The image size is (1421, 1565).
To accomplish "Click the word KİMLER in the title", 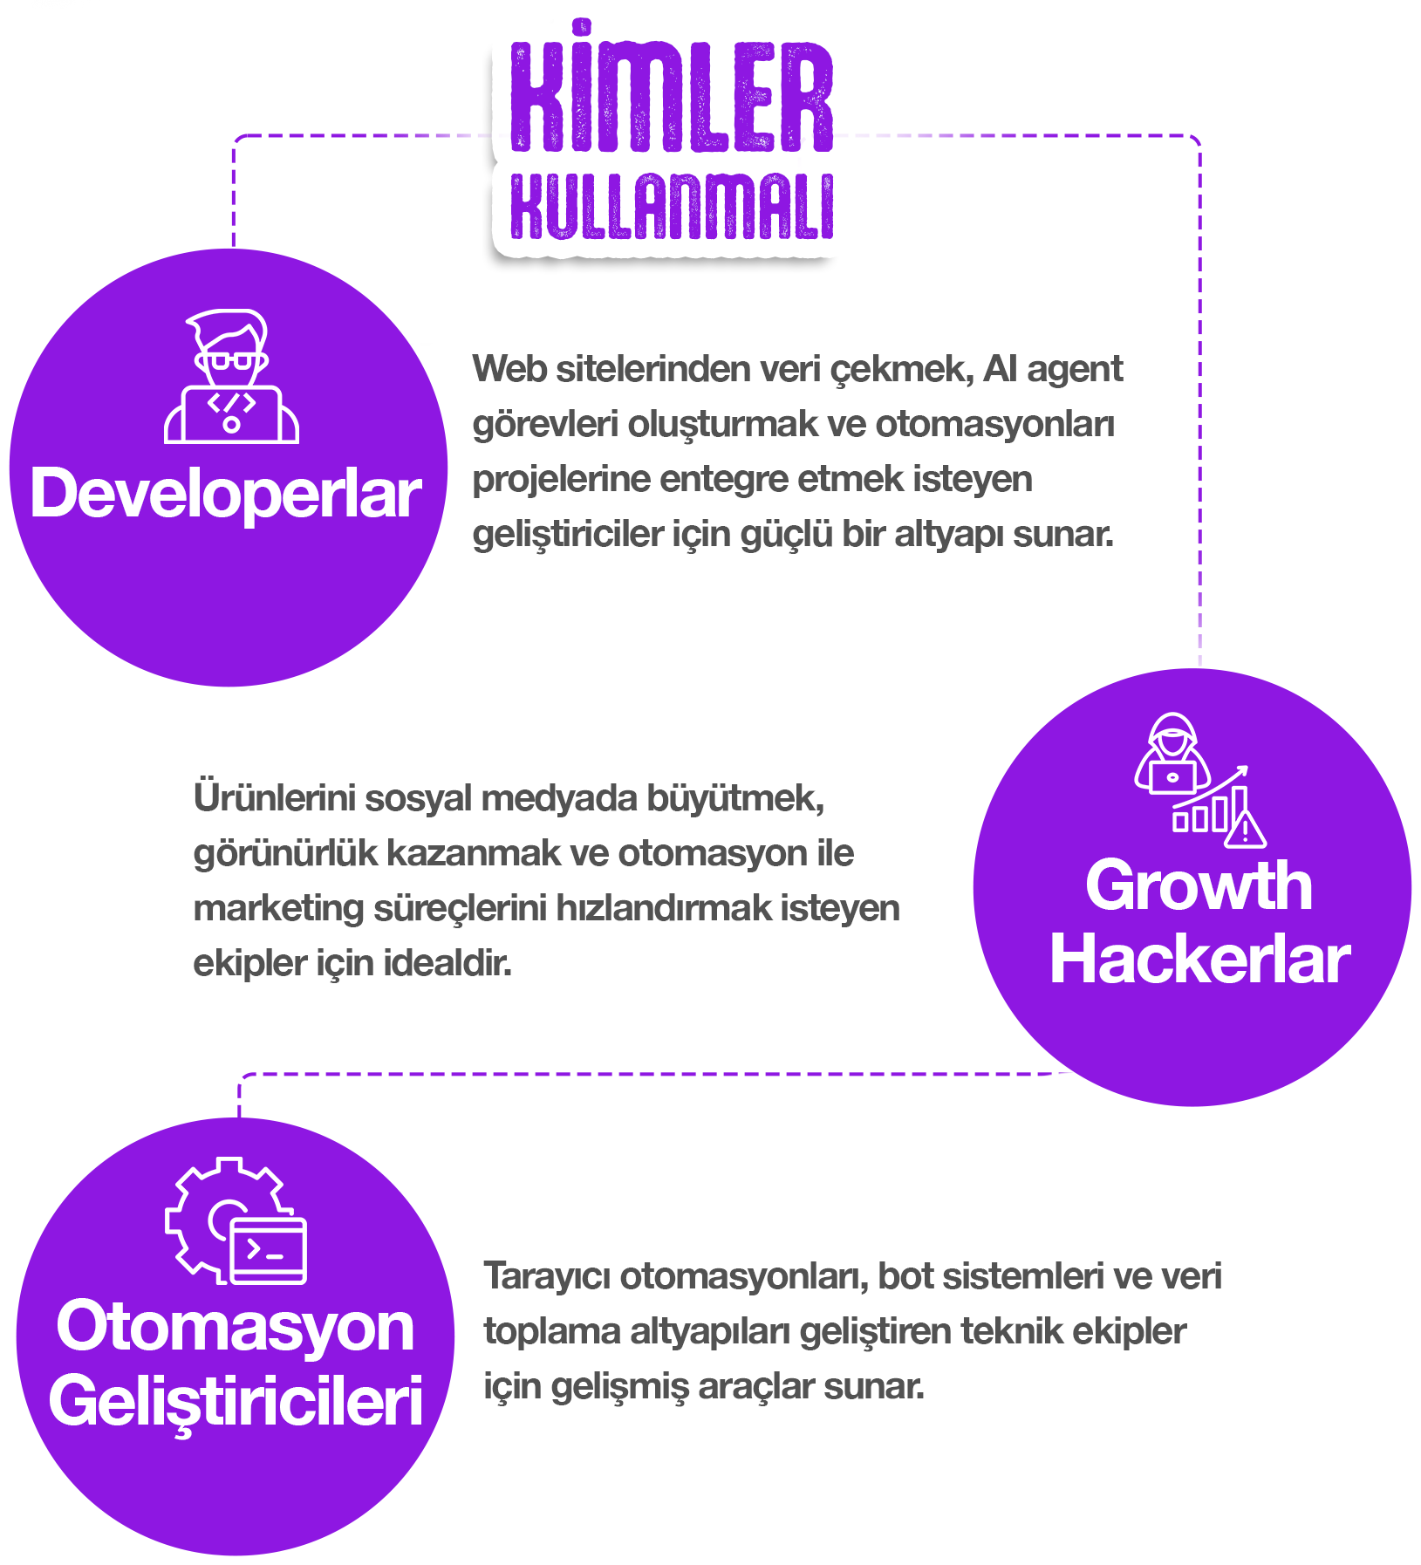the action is [x=671, y=87].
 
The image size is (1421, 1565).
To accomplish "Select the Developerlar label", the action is [x=226, y=493].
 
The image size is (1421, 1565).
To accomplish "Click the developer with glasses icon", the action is [x=232, y=376].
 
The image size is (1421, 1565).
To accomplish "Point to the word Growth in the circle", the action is [x=1199, y=885].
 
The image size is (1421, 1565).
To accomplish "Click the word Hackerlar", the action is [x=1200, y=959].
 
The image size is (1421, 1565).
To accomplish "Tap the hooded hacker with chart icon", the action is [x=1200, y=780].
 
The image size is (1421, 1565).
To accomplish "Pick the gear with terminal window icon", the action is [x=236, y=1220].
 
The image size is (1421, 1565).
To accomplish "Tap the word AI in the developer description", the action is [x=1001, y=369].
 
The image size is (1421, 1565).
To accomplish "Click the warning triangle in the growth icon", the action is [x=1246, y=830].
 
